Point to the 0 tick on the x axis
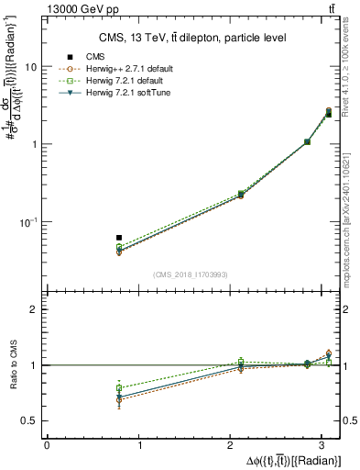pos(47,445)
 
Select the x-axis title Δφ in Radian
pos(291,460)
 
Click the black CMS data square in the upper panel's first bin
pos(119,238)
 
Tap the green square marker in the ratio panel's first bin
pos(119,388)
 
